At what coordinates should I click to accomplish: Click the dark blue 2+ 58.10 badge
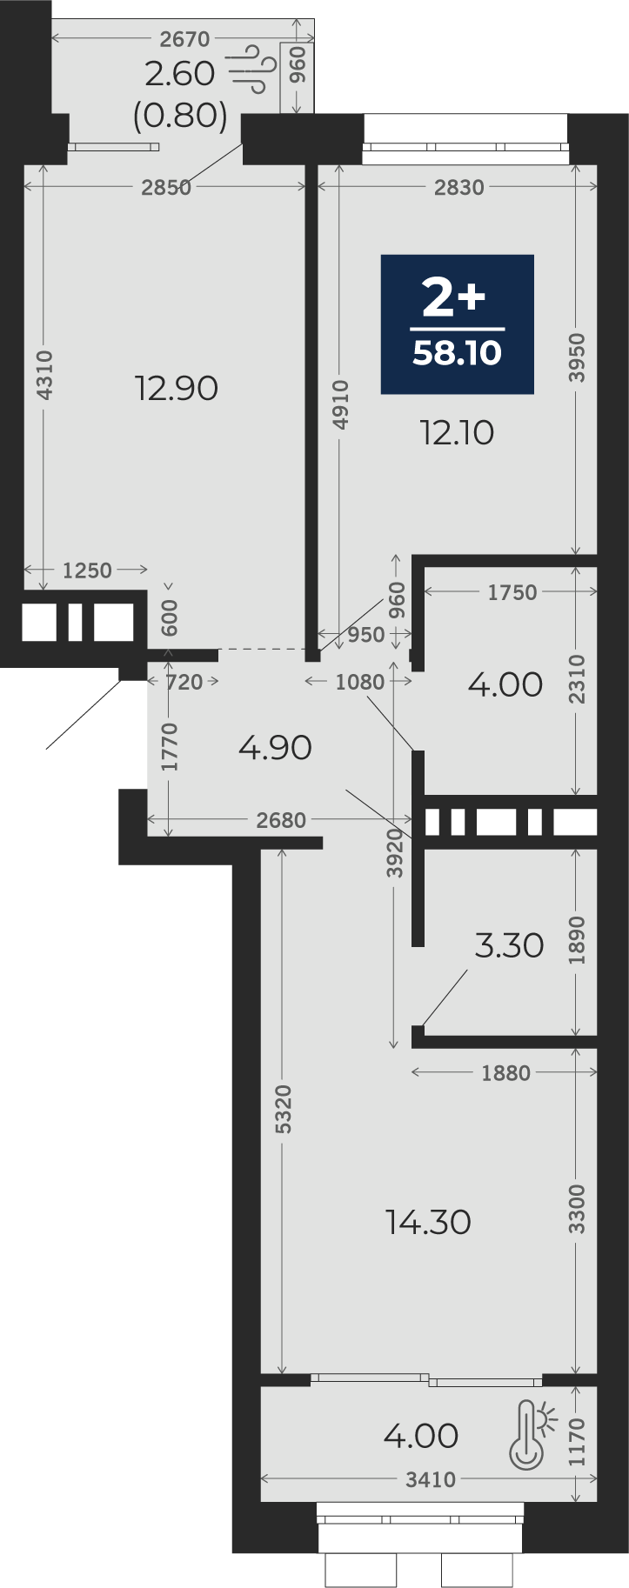pyautogui.click(x=457, y=324)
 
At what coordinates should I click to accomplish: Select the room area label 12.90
pyautogui.click(x=177, y=388)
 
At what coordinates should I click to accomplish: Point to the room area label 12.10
pyautogui.click(x=458, y=432)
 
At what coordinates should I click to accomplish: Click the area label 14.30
pyautogui.click(x=429, y=1222)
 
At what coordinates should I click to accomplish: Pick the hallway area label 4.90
pyautogui.click(x=275, y=747)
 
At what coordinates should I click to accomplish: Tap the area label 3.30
pyautogui.click(x=510, y=944)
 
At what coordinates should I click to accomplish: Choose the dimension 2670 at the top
pyautogui.click(x=185, y=39)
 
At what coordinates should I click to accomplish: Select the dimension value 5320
pyautogui.click(x=283, y=1109)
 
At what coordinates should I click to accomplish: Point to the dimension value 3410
pyautogui.click(x=431, y=1479)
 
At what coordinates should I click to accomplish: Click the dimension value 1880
pyautogui.click(x=505, y=1073)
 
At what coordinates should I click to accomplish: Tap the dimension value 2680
pyautogui.click(x=281, y=820)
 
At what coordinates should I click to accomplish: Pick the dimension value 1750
pyautogui.click(x=512, y=592)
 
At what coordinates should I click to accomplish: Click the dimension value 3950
pyautogui.click(x=577, y=357)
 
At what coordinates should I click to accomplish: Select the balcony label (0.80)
pyautogui.click(x=180, y=115)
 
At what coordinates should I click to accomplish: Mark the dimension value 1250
pyautogui.click(x=87, y=570)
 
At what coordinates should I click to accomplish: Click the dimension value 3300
pyautogui.click(x=577, y=1209)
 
